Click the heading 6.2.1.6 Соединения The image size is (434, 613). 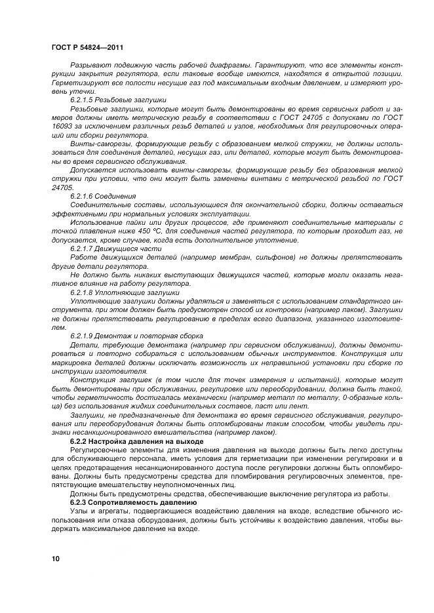[x=103, y=196]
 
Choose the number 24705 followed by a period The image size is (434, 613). [x=62, y=188]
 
